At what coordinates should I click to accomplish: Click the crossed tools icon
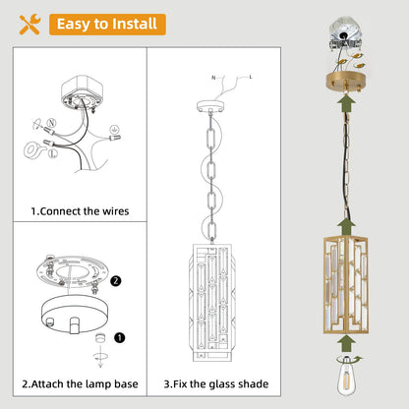pyautogui.click(x=29, y=25)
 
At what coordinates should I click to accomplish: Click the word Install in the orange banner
pyautogui.click(x=135, y=24)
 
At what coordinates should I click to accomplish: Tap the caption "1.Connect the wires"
pyautogui.click(x=80, y=211)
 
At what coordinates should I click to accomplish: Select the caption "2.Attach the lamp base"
pyautogui.click(x=80, y=383)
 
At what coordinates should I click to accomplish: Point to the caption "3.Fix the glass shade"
pyautogui.click(x=216, y=383)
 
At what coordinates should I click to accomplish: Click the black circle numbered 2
pyautogui.click(x=116, y=281)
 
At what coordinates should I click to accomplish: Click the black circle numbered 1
pyautogui.click(x=120, y=337)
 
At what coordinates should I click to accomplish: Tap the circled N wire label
pyautogui.click(x=51, y=123)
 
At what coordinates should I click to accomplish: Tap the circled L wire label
pyautogui.click(x=53, y=153)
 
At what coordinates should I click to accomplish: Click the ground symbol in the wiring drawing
pyautogui.click(x=114, y=129)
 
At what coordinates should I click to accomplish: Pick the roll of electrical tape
pyautogui.click(x=32, y=150)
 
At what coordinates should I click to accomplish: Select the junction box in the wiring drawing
pyautogui.click(x=82, y=92)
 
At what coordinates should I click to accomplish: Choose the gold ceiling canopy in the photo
pyautogui.click(x=346, y=82)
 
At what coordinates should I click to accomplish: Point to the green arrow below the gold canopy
pyautogui.click(x=347, y=102)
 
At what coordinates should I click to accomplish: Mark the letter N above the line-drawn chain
pyautogui.click(x=213, y=78)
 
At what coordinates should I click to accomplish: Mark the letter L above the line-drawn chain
pyautogui.click(x=251, y=77)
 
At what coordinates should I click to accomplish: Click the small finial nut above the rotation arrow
pyautogui.click(x=100, y=338)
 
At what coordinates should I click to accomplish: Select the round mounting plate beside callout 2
pyautogui.click(x=72, y=271)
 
